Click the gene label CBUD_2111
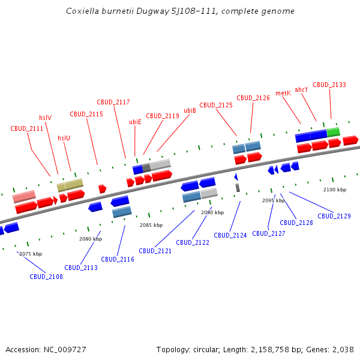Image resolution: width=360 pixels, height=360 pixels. pyautogui.click(x=27, y=128)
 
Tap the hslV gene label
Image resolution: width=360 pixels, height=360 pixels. pyautogui.click(x=45, y=118)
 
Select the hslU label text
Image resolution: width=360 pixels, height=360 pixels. pyautogui.click(x=64, y=138)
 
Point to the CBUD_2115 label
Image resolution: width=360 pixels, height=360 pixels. pyautogui.click(x=86, y=114)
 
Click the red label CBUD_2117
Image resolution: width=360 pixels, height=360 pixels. pyautogui.click(x=113, y=102)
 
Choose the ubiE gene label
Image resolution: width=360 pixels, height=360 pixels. pyautogui.click(x=135, y=122)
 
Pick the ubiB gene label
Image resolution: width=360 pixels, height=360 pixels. pyautogui.click(x=190, y=110)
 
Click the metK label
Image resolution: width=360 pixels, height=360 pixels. pyautogui.click(x=283, y=93)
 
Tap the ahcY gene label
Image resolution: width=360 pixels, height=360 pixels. pyautogui.click(x=301, y=89)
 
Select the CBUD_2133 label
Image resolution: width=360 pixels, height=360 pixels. pyautogui.click(x=329, y=85)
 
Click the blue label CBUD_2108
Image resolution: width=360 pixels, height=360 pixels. pyautogui.click(x=46, y=277)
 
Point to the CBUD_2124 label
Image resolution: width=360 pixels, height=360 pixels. pyautogui.click(x=230, y=235)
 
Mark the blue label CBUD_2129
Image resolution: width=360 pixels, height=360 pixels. pyautogui.click(x=334, y=216)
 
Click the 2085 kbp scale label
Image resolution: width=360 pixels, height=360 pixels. pyautogui.click(x=151, y=225)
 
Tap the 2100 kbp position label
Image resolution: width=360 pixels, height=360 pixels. pyautogui.click(x=335, y=190)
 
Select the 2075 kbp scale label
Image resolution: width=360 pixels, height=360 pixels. pyautogui.click(x=31, y=254)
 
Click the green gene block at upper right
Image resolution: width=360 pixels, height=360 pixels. pyautogui.click(x=333, y=131)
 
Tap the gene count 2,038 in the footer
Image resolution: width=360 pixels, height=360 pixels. pyautogui.click(x=343, y=349)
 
